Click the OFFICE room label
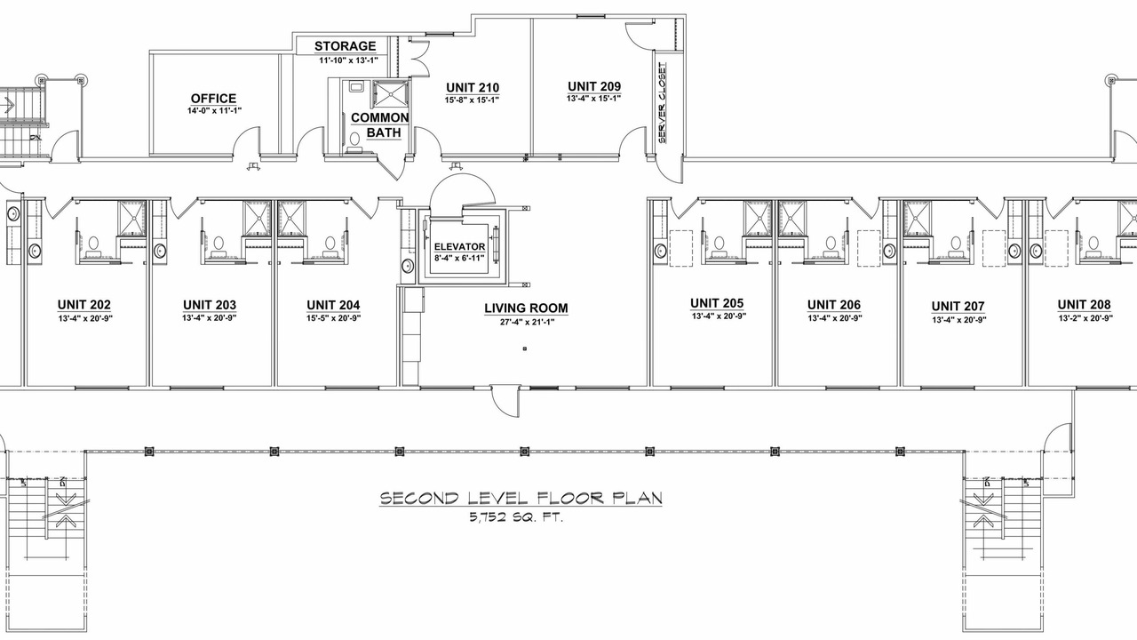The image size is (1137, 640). (214, 99)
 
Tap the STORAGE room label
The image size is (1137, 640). (346, 46)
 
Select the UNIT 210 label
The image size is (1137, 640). (473, 87)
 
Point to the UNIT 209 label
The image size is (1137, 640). (594, 86)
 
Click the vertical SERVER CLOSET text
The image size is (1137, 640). (662, 102)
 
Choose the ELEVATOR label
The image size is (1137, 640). (459, 247)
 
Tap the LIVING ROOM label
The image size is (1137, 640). (526, 308)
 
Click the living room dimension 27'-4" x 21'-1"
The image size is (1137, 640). (527, 322)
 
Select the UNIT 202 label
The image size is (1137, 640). (83, 305)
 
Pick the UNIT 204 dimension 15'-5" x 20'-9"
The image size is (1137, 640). (333, 318)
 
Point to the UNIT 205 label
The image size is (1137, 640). (717, 303)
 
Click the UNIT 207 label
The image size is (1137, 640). (958, 307)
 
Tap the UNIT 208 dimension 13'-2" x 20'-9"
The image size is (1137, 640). (1085, 318)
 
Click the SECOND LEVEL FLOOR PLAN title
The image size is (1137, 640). (521, 498)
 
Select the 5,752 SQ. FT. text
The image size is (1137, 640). (516, 518)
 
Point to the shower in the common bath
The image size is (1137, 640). (390, 94)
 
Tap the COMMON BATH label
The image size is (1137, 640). (379, 125)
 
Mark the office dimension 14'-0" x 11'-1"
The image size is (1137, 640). (214, 110)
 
